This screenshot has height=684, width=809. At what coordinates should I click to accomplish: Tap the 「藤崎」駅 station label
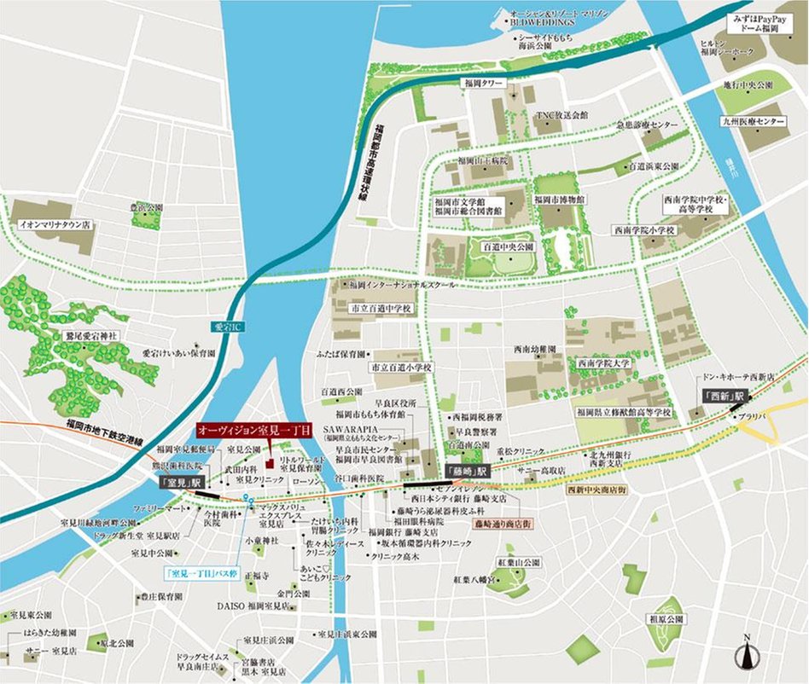[x=466, y=471]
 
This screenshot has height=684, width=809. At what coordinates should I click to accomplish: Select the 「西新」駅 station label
[x=723, y=397]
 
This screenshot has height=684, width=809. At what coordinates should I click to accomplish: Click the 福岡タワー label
[x=484, y=84]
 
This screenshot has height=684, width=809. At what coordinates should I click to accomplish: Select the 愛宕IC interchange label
[x=223, y=327]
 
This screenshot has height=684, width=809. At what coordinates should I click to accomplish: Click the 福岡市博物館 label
[x=560, y=198]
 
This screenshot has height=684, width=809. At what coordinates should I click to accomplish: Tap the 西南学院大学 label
[x=603, y=363]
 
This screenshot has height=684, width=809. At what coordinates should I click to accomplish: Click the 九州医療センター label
[x=754, y=123]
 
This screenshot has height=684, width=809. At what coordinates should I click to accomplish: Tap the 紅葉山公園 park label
[x=519, y=563]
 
